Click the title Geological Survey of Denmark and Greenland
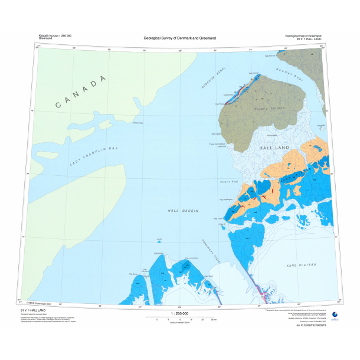pyautogui.click(x=180, y=38)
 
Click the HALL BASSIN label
pyautogui.click(x=182, y=211)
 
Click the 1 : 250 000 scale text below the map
pyautogui.click(x=179, y=313)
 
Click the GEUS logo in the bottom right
pyautogui.click(x=335, y=314)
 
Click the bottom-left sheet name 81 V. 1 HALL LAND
pyautogui.click(x=35, y=310)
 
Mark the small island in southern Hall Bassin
pyautogui.click(x=159, y=241)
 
